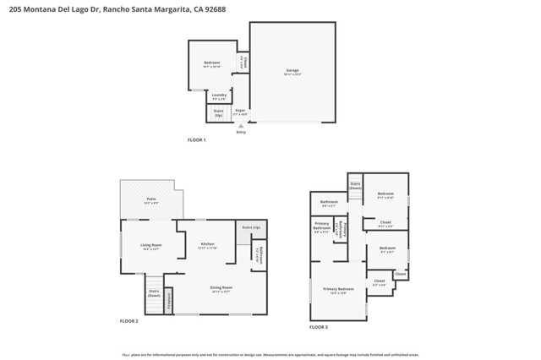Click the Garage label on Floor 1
(x=292, y=72)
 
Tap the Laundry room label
(x=219, y=96)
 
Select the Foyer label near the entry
(x=240, y=111)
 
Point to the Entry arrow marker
(x=241, y=126)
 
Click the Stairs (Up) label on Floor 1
(x=218, y=112)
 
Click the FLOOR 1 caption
(x=197, y=139)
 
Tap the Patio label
(x=151, y=200)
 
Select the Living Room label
(x=151, y=246)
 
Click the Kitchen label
(x=207, y=246)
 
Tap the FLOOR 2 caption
(x=128, y=321)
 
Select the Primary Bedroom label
(x=338, y=291)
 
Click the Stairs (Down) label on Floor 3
(x=356, y=186)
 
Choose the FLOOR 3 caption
(x=318, y=326)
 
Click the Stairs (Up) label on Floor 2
(x=251, y=227)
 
